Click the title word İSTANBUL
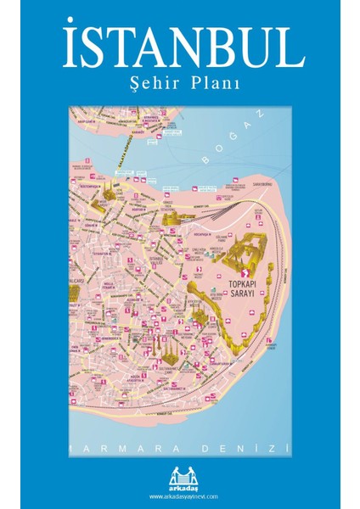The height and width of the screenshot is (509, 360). click(x=181, y=48)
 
